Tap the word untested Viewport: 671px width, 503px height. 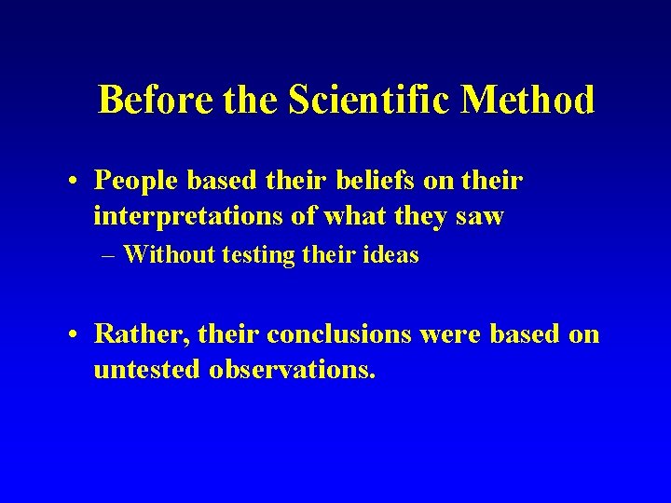[145, 369]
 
